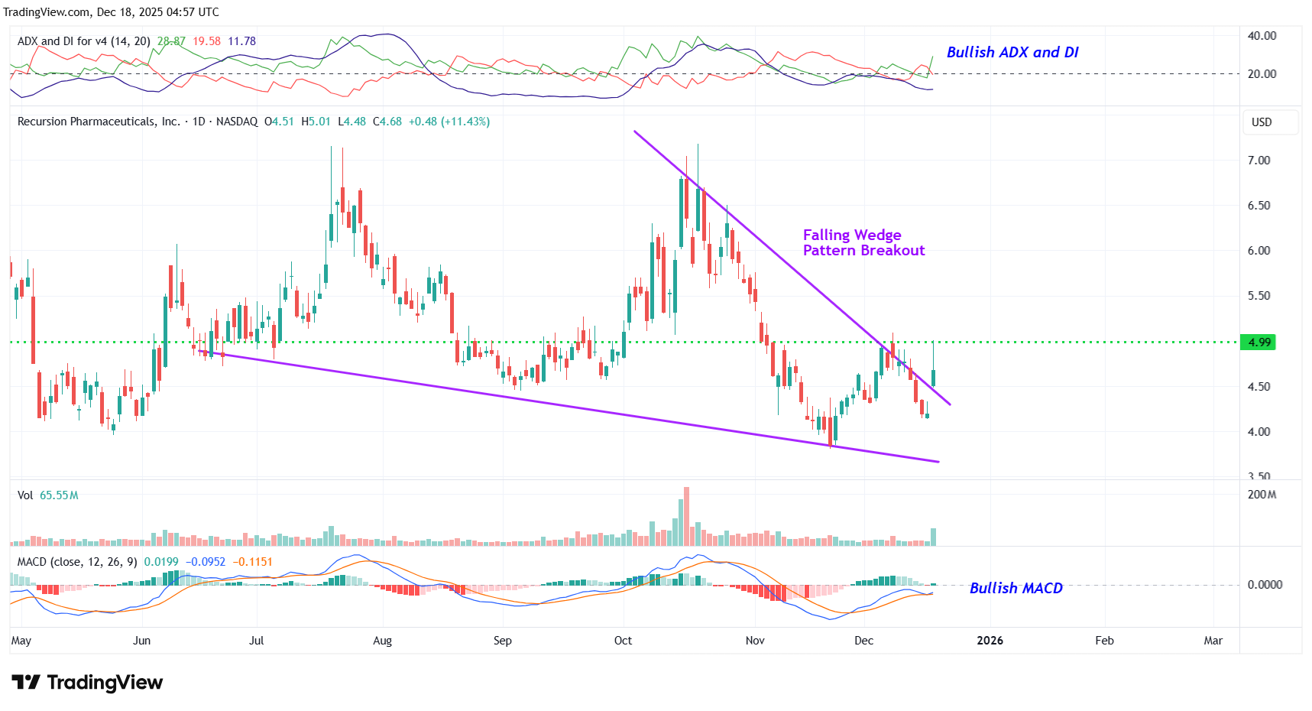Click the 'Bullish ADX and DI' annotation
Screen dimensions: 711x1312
1012,52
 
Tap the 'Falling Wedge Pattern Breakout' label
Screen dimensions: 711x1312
863,242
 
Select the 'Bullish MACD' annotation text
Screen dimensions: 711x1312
1016,588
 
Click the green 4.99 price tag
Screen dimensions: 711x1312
1259,342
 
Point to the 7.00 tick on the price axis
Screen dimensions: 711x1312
1259,161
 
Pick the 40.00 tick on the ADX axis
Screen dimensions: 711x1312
1262,36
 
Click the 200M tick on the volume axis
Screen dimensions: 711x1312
1262,495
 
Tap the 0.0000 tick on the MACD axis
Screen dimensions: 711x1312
1265,585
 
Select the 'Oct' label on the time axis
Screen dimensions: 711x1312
623,641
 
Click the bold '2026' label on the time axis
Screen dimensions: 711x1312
990,641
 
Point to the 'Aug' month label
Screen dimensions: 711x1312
382,641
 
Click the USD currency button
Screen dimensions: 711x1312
1262,122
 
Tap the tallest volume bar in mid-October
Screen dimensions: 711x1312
686,516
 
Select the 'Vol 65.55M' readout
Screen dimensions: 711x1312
48,495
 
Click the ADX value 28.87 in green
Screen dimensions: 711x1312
171,41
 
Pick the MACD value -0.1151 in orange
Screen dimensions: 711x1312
252,562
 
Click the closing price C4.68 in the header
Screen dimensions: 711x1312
387,122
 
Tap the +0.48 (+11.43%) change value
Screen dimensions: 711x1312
449,122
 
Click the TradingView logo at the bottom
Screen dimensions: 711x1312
87,682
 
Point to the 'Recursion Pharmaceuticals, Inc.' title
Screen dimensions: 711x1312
99,122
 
